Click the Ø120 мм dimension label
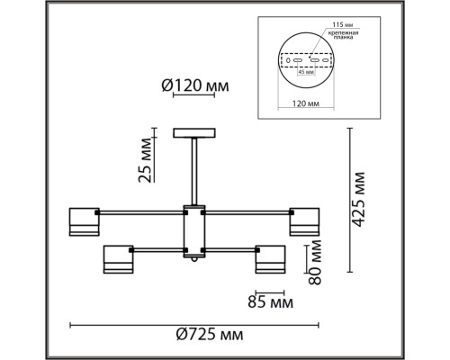coord(194,87)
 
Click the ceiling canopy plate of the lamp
coord(193,132)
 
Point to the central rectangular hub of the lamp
coord(193,229)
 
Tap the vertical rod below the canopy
coord(193,171)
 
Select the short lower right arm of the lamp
coord(229,248)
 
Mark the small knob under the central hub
coord(193,261)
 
